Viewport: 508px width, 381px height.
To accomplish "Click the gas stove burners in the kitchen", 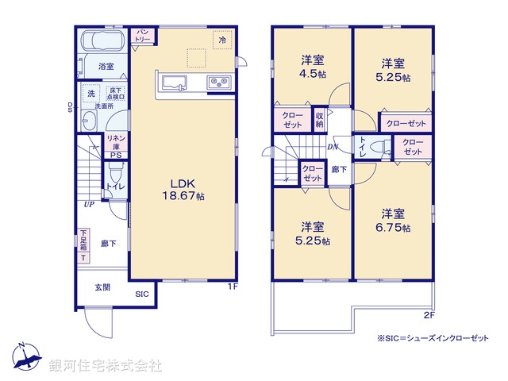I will pos(218,82).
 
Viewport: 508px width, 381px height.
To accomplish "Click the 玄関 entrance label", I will pos(103,288).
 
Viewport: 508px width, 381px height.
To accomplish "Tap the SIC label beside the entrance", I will pos(141,294).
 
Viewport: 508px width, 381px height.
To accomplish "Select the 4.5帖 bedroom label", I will pos(311,67).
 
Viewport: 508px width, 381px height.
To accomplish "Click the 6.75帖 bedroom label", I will pos(394,220).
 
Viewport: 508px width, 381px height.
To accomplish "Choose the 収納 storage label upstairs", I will pos(319,120).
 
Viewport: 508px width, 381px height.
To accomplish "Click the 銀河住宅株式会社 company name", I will pos(106,366).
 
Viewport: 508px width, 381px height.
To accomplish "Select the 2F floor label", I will pos(430,314).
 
